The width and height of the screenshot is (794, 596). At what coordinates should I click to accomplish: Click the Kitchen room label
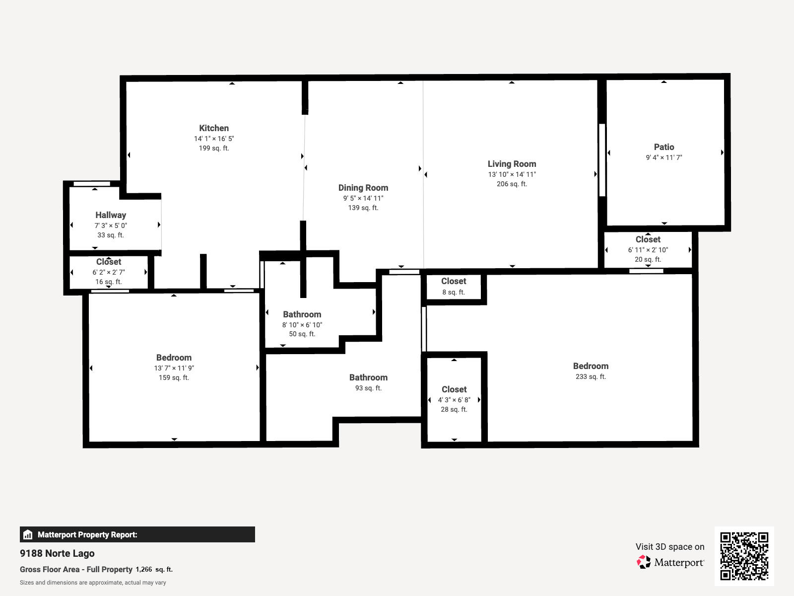coord(214,128)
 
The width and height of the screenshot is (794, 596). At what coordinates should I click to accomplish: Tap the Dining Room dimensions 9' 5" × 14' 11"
coord(363,198)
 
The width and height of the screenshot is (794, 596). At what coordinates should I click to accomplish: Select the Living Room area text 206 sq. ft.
coord(512,184)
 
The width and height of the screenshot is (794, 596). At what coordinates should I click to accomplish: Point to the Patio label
coord(663,147)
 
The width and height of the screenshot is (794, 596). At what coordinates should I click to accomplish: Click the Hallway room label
coord(111,215)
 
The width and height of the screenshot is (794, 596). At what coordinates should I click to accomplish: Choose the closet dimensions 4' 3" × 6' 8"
coord(454,400)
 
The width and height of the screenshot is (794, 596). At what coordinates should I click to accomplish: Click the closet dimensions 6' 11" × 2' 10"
coord(648,250)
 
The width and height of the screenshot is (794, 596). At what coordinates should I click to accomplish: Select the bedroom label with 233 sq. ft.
coord(591,366)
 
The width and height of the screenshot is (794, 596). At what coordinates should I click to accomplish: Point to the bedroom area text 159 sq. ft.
coord(174,377)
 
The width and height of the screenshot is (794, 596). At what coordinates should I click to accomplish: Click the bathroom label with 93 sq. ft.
coord(368,377)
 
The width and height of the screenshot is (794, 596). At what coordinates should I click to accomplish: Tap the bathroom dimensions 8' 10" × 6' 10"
coord(302,325)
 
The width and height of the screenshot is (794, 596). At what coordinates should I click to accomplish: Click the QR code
coord(744,556)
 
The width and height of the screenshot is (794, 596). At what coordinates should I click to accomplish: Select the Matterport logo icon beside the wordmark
coord(644,562)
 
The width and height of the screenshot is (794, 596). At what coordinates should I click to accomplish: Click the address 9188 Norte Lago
coord(57,553)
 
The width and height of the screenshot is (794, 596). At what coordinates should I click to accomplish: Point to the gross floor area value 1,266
coord(144,569)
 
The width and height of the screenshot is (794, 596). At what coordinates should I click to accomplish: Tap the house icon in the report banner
coord(28,535)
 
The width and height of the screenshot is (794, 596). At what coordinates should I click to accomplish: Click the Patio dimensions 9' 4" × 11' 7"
coord(663,157)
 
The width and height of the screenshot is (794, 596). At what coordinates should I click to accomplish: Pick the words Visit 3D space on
coord(669,547)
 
